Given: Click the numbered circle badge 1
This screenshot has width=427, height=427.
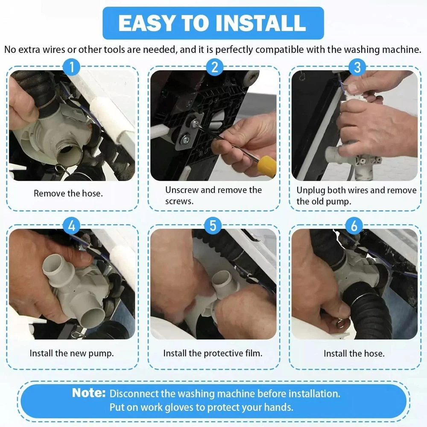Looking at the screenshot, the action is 72,67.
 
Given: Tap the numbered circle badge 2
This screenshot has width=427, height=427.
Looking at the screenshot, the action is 214,67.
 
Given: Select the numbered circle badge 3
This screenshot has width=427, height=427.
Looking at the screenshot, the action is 357,67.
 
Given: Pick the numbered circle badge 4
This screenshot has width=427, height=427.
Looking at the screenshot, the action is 72,226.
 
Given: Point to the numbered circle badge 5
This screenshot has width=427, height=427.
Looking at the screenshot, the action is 213,226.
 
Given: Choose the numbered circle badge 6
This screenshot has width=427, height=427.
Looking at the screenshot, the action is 354,226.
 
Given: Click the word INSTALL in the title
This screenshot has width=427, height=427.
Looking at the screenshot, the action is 260,23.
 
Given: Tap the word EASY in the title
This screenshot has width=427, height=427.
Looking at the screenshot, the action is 146,23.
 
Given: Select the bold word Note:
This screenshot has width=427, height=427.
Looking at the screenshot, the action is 89,393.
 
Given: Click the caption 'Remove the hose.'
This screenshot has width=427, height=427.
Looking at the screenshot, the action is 68,193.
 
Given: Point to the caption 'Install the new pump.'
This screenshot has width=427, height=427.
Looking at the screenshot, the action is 72,353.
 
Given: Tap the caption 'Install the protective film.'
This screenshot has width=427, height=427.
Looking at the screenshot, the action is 213,353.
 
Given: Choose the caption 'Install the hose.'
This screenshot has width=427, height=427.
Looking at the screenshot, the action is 354,354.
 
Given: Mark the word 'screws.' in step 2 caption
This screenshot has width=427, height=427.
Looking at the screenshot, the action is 179,202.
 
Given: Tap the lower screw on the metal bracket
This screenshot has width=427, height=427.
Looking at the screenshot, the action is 186,140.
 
